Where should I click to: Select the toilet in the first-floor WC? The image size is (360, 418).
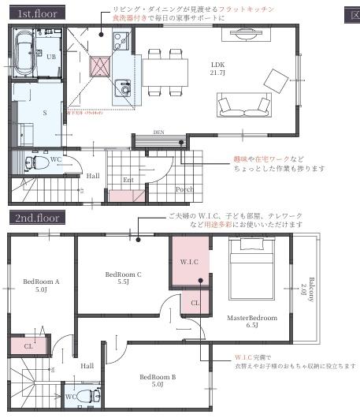pos(32,162)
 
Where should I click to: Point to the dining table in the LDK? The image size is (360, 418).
pos(165,69)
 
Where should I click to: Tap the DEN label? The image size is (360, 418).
pos(158,132)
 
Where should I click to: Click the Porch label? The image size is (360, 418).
pos(184,188)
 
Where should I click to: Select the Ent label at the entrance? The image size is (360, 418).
pos(128,179)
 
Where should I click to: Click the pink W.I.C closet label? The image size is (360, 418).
pos(189,261)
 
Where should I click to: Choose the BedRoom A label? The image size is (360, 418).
pos(42,285)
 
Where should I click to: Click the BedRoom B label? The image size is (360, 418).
pos(158,381)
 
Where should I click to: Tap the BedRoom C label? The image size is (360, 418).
pos(123,278)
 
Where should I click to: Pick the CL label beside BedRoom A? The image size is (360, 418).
pos(28,345)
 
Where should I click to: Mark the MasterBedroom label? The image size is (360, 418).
pos(252,321)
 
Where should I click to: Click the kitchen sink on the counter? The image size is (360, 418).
pos(122,87)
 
